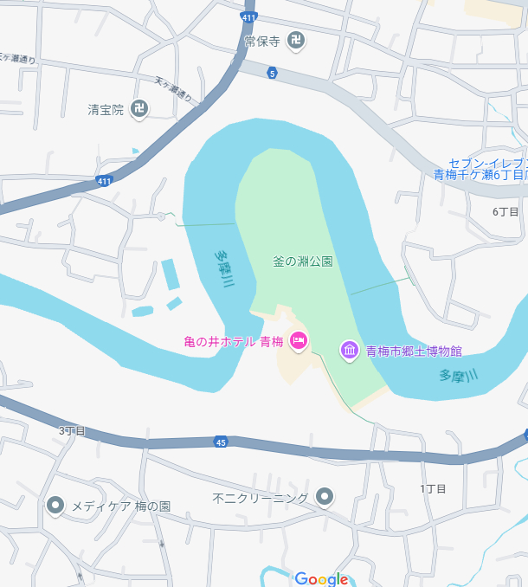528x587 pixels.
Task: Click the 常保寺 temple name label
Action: click(x=262, y=40)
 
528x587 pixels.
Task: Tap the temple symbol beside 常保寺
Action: click(x=297, y=40)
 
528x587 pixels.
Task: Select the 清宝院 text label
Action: click(x=106, y=109)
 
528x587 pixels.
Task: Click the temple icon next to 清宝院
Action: click(x=139, y=109)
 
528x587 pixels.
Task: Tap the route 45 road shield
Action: click(x=221, y=442)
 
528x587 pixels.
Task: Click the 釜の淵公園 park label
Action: click(x=303, y=261)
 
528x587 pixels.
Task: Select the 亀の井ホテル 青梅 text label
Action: click(x=234, y=342)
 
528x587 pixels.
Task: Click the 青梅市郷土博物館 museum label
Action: click(x=414, y=351)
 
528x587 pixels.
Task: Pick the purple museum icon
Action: click(x=350, y=351)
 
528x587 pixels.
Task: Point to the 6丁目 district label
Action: click(x=505, y=211)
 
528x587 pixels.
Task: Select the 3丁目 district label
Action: click(x=73, y=430)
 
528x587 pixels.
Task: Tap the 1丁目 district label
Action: click(x=433, y=489)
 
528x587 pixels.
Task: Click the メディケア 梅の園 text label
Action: click(x=120, y=505)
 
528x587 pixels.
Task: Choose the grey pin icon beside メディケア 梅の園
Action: click(x=56, y=505)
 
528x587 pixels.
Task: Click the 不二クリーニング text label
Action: click(x=261, y=498)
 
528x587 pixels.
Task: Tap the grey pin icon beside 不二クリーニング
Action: click(x=325, y=497)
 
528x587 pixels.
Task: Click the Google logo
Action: click(x=321, y=578)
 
